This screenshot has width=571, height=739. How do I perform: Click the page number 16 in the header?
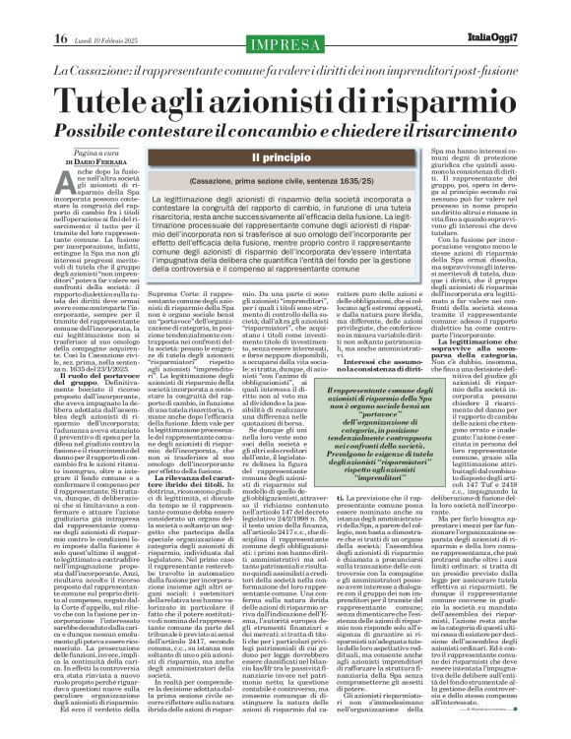[x=32, y=12]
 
